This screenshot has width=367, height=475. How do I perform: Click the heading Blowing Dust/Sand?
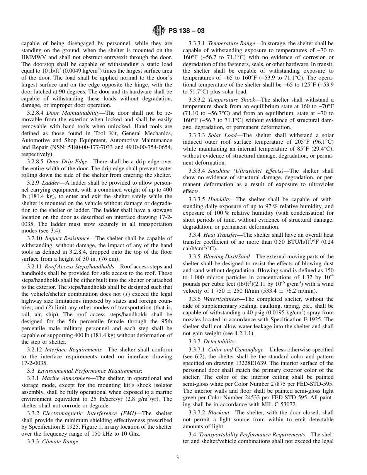229,256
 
